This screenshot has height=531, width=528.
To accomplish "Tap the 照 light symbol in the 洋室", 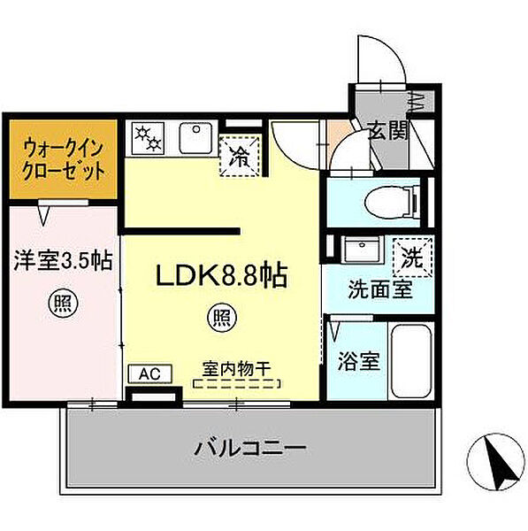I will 61,304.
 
